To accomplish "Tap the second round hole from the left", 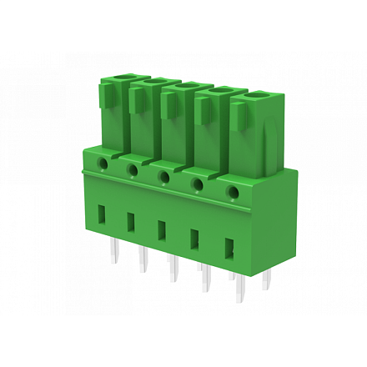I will pos(133,169).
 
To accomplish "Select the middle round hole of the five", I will pos(164,178).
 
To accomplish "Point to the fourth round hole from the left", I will pos(199,186).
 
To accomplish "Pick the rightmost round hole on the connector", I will pos(234,194).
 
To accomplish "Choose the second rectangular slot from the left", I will pos(130,222).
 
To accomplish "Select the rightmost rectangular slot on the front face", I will pos(229,249).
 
